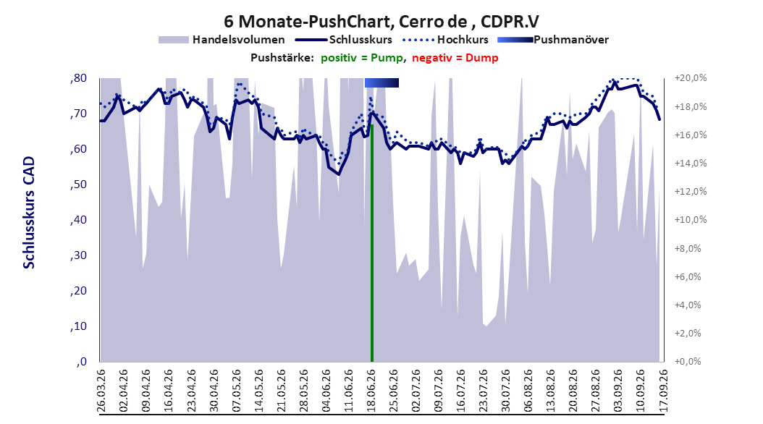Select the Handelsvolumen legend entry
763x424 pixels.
[222, 40]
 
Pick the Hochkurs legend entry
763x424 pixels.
[445, 40]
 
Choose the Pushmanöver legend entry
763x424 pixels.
[553, 40]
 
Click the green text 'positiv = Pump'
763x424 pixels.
[362, 58]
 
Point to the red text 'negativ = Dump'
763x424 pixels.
[455, 58]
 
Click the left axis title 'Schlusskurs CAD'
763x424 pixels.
[29, 213]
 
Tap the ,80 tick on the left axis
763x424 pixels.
[78, 78]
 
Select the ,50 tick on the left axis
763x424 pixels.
[78, 185]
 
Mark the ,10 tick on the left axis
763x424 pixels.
[78, 326]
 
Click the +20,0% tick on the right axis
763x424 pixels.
[691, 78]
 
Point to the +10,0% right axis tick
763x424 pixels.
[691, 220]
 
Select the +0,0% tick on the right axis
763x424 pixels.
[688, 362]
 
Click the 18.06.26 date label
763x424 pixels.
[371, 391]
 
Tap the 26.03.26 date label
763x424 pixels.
[101, 391]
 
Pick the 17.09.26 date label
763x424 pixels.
[663, 391]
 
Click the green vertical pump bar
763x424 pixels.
[372, 243]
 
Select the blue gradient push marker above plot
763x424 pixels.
[382, 82]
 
